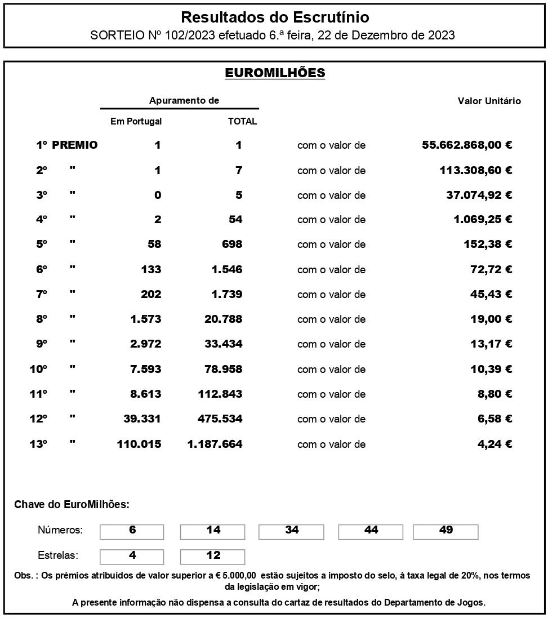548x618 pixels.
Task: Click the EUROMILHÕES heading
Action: tap(275, 73)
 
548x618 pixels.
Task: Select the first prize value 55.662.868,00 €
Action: tap(467, 145)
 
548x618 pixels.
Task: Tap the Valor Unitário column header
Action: tap(489, 101)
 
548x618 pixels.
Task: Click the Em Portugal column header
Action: tap(136, 121)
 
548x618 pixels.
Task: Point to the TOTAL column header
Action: tap(242, 121)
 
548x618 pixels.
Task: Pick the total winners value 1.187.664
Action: tap(215, 444)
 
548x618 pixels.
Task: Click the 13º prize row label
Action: tap(38, 444)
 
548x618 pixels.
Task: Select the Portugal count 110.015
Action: tap(139, 444)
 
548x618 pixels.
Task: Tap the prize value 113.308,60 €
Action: tap(476, 170)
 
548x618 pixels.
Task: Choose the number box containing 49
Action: tap(445, 531)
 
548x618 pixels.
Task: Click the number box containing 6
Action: tap(132, 531)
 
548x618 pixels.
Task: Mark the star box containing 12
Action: tap(213, 556)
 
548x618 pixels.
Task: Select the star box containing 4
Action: tap(132, 556)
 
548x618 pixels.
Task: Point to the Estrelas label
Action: tap(58, 555)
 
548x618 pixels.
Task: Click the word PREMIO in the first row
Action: tap(75, 145)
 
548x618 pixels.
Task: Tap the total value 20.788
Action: tap(223, 319)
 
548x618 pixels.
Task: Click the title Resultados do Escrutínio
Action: tap(275, 17)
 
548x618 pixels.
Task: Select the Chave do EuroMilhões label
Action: tap(72, 504)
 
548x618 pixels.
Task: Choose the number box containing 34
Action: tap(292, 531)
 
